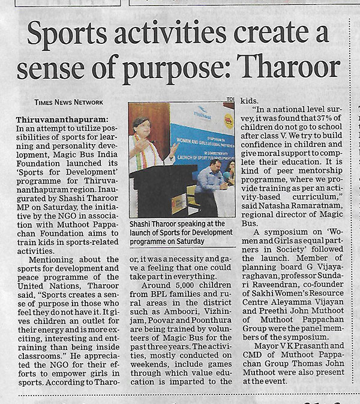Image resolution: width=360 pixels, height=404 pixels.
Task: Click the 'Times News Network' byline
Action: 68,102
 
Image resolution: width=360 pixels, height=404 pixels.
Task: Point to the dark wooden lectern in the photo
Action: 158,192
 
